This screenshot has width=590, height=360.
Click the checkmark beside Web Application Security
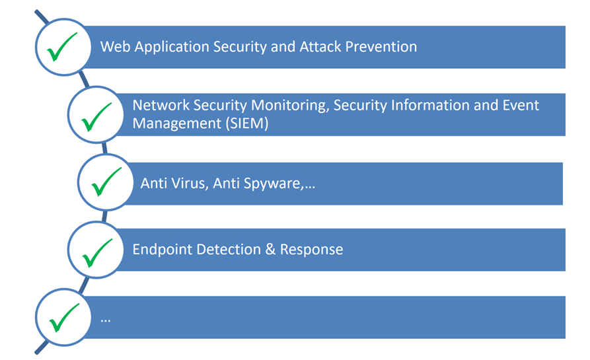click(x=61, y=47)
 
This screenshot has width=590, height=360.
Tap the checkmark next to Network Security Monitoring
click(x=96, y=117)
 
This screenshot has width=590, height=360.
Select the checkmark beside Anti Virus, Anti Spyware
click(x=106, y=182)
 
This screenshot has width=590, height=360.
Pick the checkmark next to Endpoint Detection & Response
click(x=97, y=253)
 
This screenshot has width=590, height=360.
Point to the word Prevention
click(x=381, y=47)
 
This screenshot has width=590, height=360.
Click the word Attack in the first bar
click(x=320, y=47)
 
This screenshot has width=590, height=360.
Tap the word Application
click(x=172, y=48)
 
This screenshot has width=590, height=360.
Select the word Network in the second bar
click(x=161, y=105)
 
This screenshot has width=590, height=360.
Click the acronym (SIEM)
click(x=246, y=124)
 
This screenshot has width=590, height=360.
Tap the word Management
click(x=177, y=124)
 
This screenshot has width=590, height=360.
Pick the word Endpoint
click(x=162, y=250)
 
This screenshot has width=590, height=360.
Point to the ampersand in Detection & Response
click(x=270, y=250)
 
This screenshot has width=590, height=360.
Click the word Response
click(x=312, y=250)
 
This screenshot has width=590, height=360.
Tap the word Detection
click(x=229, y=250)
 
